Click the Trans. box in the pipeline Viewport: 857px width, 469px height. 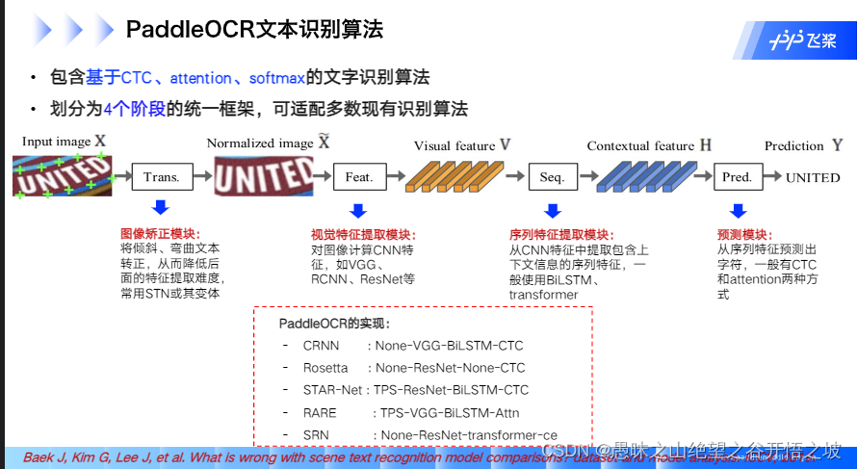click(162, 177)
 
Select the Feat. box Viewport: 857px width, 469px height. click(358, 177)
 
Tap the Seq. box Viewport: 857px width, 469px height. click(552, 177)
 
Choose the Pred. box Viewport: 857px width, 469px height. click(737, 177)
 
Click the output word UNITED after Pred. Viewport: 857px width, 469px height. click(813, 178)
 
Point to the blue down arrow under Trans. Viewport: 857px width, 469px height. click(161, 209)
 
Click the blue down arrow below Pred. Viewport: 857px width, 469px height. click(737, 209)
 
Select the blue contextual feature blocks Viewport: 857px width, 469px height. click(642, 176)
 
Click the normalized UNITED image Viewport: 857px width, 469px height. click(263, 177)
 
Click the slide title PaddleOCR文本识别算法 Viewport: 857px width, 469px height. click(254, 30)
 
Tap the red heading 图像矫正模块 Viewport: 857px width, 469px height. click(160, 234)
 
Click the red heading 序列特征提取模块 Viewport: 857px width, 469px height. click(561, 234)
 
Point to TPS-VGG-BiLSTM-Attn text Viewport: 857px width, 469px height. click(449, 413)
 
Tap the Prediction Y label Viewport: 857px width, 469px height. click(803, 145)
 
